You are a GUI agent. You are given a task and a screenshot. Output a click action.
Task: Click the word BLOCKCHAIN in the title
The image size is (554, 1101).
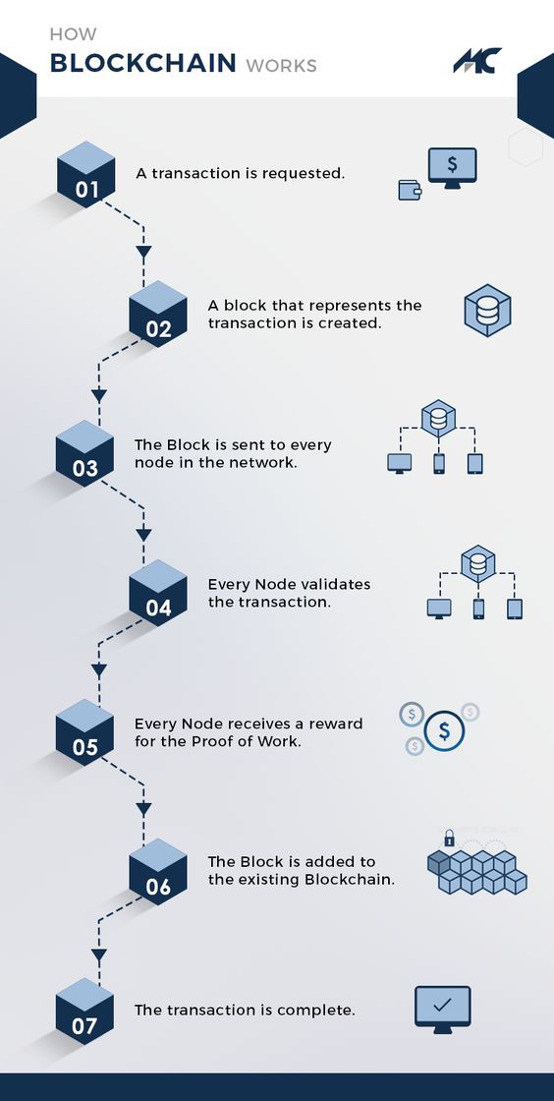point(143,64)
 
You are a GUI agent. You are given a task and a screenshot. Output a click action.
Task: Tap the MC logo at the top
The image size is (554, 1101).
point(477,61)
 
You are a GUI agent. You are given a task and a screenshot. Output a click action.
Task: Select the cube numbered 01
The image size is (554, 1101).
point(86,173)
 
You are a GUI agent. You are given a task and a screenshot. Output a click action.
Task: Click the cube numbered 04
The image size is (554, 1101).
point(158,592)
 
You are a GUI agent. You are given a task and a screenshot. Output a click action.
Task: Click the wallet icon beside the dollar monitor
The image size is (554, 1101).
point(410,190)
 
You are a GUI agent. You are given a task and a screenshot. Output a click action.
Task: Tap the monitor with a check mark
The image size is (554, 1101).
point(443,1008)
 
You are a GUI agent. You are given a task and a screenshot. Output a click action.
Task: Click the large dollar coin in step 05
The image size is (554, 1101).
point(446,730)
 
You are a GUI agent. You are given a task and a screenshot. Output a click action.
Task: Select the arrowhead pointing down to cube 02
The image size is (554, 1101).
point(143,253)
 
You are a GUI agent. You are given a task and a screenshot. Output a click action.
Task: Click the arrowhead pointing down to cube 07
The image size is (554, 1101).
point(98,954)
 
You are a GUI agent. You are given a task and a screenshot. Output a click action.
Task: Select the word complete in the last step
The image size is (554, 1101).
point(319,1010)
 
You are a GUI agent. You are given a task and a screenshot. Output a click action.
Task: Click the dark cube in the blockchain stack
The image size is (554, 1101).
point(438,862)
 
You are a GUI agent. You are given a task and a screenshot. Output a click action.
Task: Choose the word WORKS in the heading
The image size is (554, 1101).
point(281,66)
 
